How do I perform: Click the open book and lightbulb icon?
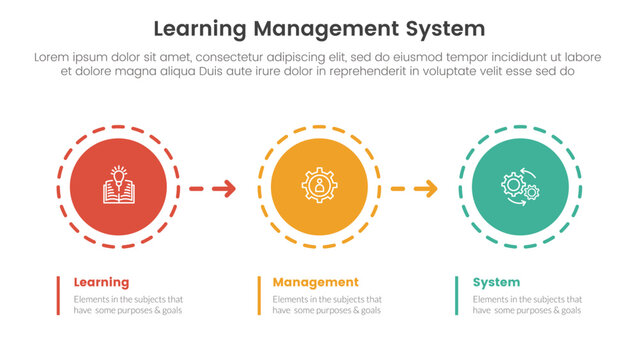(120, 187)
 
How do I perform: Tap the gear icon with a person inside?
(319, 187)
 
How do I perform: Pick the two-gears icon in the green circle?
(518, 187)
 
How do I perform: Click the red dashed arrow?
(213, 187)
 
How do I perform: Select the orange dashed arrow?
(413, 187)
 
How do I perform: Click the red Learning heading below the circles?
(101, 282)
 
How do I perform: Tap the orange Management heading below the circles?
(315, 282)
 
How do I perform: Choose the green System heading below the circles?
(495, 282)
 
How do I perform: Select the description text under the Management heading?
(328, 305)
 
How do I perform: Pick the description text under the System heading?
(527, 305)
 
